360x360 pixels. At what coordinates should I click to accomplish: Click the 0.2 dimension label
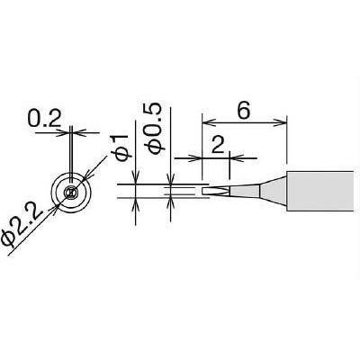(x=44, y=119)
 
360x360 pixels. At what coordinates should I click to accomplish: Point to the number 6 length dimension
(x=243, y=112)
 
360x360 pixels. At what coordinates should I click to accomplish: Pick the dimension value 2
(x=218, y=146)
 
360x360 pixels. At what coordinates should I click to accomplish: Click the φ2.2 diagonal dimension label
(x=22, y=225)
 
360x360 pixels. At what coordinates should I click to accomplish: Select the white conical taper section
(x=273, y=191)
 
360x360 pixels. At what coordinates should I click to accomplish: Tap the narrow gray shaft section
(x=244, y=191)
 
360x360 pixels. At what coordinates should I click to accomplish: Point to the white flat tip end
(x=215, y=191)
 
